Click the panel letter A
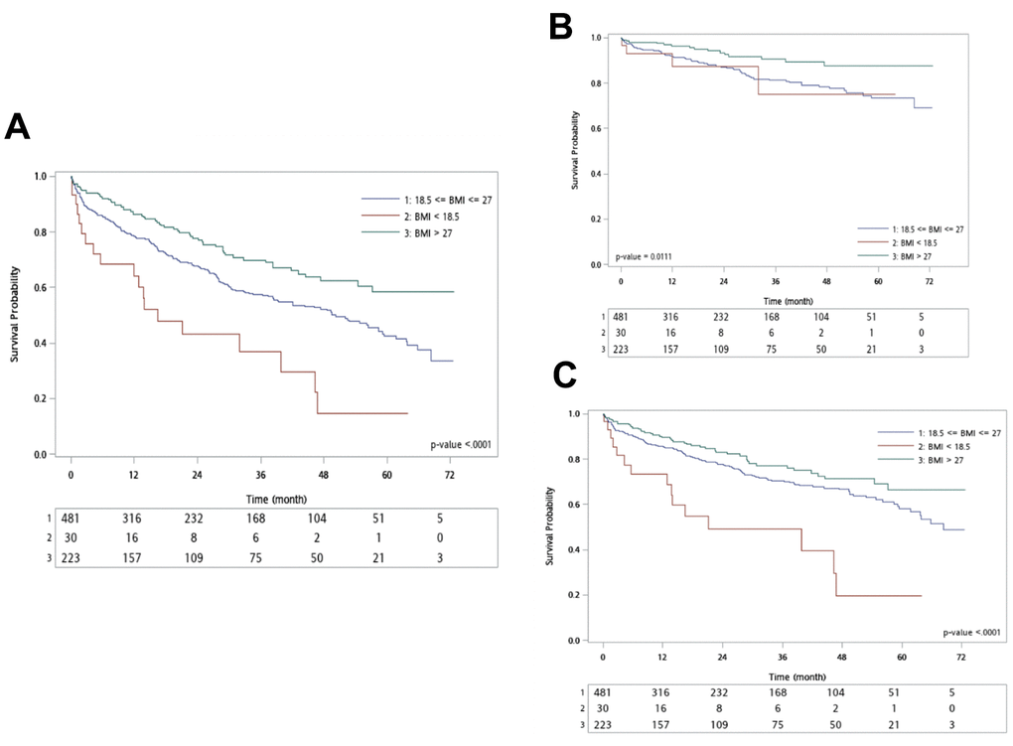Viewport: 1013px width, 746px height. click(x=20, y=128)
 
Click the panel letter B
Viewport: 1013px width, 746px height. click(x=561, y=27)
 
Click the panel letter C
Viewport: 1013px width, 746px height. click(x=563, y=375)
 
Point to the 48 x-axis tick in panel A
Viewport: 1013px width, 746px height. click(x=323, y=475)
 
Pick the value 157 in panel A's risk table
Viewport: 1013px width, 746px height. click(x=134, y=557)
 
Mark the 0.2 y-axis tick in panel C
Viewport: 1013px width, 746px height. click(x=575, y=595)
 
